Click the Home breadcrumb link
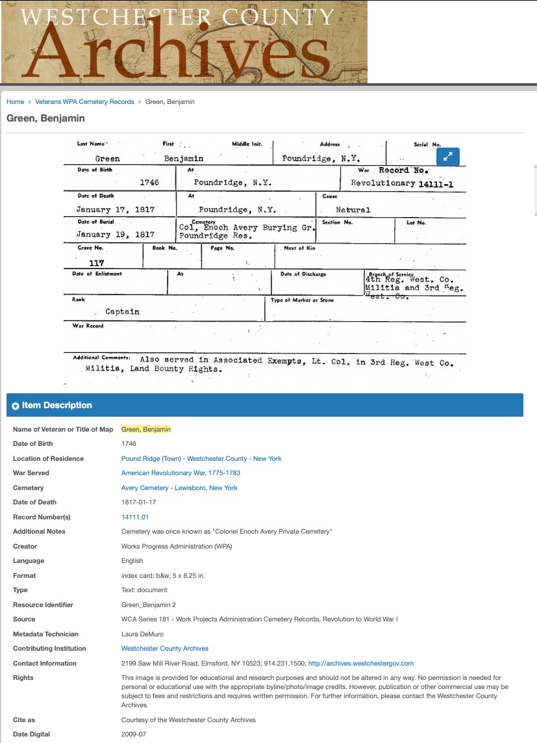click(15, 102)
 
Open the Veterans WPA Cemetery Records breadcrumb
click(84, 102)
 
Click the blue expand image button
click(448, 157)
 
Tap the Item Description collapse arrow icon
click(16, 406)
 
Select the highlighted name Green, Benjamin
click(146, 429)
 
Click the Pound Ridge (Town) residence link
click(201, 458)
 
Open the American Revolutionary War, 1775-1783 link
click(181, 473)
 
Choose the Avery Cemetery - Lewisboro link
click(179, 488)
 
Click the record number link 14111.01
click(135, 517)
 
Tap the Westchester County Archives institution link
click(165, 649)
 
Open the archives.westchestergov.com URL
click(360, 663)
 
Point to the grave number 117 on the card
click(97, 263)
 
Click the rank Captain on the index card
click(122, 312)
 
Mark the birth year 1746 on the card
click(149, 183)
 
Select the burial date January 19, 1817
click(116, 235)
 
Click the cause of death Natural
click(353, 210)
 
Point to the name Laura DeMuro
click(142, 634)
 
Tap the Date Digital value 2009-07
click(134, 735)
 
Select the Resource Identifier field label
click(43, 605)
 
